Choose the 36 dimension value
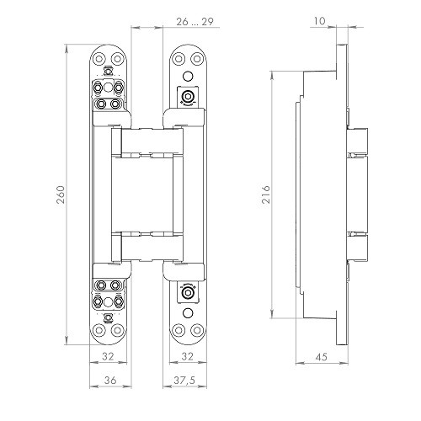108,381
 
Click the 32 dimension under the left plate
108,356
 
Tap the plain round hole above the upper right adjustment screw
186,73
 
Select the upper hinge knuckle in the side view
356,143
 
